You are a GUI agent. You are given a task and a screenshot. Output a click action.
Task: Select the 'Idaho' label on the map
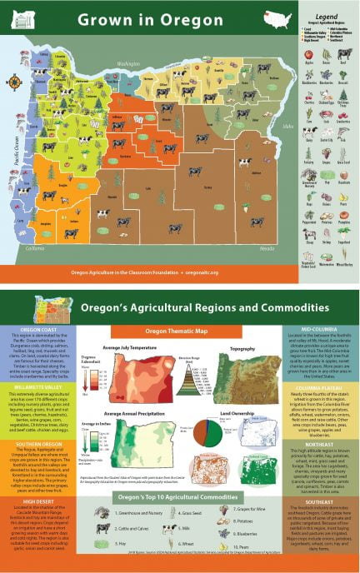coord(289,127)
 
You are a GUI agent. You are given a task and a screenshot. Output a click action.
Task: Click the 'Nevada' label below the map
coord(266,248)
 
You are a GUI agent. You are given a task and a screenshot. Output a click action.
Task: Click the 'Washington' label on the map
coord(128,63)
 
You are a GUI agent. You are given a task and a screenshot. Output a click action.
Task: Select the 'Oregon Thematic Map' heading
coord(180,331)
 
